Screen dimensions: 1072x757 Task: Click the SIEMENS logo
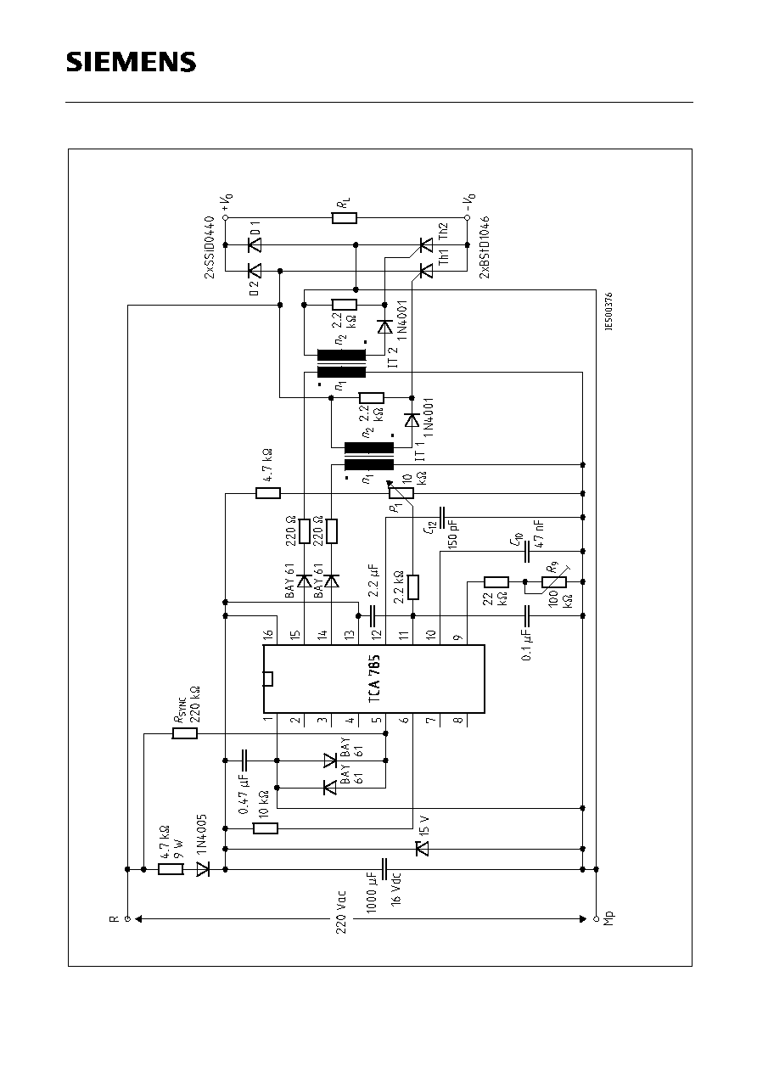click(132, 63)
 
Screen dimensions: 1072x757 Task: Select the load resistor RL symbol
click(345, 218)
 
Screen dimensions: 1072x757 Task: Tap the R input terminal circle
click(127, 918)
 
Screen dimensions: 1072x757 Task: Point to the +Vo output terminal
click(226, 218)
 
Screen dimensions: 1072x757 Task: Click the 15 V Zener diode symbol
click(419, 847)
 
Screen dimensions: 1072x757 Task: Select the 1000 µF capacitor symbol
click(385, 869)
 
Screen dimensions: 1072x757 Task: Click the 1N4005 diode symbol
click(203, 869)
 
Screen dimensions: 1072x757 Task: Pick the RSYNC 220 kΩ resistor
click(185, 733)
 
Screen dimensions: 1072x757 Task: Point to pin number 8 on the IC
click(459, 721)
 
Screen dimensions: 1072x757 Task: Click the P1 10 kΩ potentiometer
click(401, 493)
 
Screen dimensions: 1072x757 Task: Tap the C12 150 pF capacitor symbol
click(440, 515)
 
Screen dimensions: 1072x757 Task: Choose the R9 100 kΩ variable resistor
click(554, 582)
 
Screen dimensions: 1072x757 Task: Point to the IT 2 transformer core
click(341, 362)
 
